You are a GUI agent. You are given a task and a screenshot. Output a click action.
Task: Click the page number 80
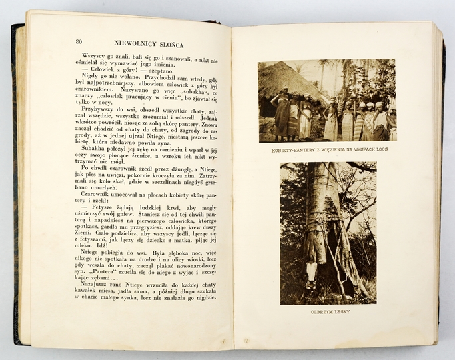79,42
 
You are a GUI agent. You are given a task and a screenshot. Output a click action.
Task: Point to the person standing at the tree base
311,274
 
